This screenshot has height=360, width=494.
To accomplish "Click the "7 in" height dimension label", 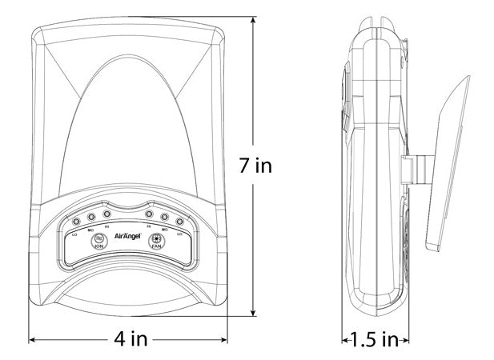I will (257, 166).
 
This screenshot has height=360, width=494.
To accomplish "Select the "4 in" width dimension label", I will (131, 339).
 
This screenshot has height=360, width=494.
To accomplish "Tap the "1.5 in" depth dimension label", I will (375, 339).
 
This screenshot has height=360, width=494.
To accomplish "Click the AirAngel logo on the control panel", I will (128, 237).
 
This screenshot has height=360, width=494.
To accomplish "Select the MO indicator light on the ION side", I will (91, 217).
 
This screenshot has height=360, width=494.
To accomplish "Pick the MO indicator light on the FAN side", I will (164, 217).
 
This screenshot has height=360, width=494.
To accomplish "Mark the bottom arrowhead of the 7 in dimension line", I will (255, 314).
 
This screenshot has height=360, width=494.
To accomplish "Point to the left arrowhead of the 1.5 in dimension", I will (346, 339).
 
